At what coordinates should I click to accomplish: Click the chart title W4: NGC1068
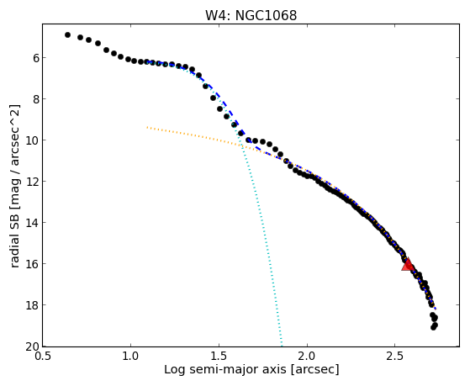click(251, 15)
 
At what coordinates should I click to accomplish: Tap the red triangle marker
click(407, 264)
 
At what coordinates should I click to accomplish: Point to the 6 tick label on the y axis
click(35, 57)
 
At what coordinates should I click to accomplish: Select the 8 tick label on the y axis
click(35, 99)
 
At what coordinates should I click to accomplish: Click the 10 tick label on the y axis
click(33, 140)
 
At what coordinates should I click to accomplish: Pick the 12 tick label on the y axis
click(33, 182)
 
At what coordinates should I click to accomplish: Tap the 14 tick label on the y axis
click(33, 223)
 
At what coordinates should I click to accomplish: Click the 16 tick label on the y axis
click(33, 264)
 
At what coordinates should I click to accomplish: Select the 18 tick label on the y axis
click(33, 305)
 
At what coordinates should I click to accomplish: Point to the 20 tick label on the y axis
click(33, 346)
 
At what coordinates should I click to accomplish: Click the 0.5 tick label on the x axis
click(43, 357)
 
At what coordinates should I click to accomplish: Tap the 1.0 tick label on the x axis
click(130, 357)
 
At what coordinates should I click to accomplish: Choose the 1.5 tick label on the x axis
click(219, 357)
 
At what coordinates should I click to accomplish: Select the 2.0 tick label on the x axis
click(307, 357)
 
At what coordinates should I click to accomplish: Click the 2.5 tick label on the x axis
click(395, 357)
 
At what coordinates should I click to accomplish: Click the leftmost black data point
click(67, 35)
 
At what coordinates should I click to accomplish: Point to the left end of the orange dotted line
click(147, 128)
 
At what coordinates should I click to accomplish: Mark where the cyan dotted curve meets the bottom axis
click(282, 346)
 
